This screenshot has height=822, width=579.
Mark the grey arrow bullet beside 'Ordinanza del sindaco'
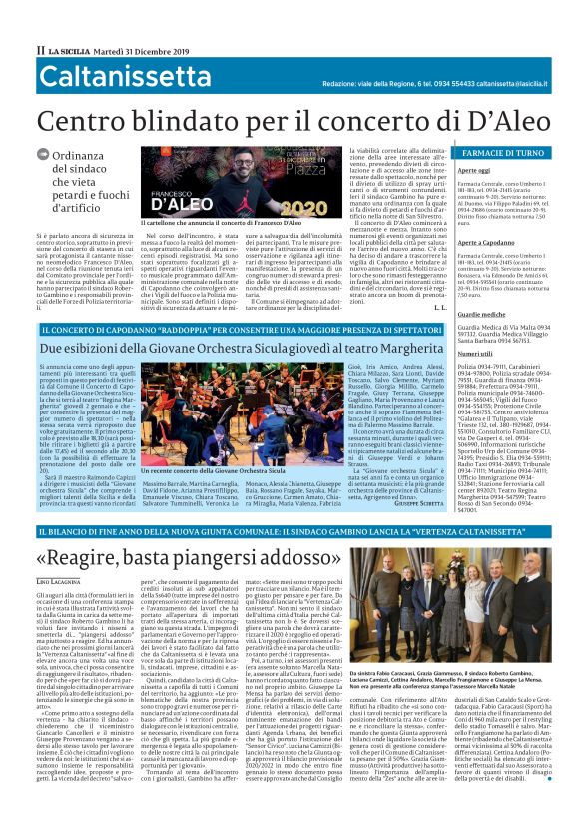(x=42, y=155)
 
